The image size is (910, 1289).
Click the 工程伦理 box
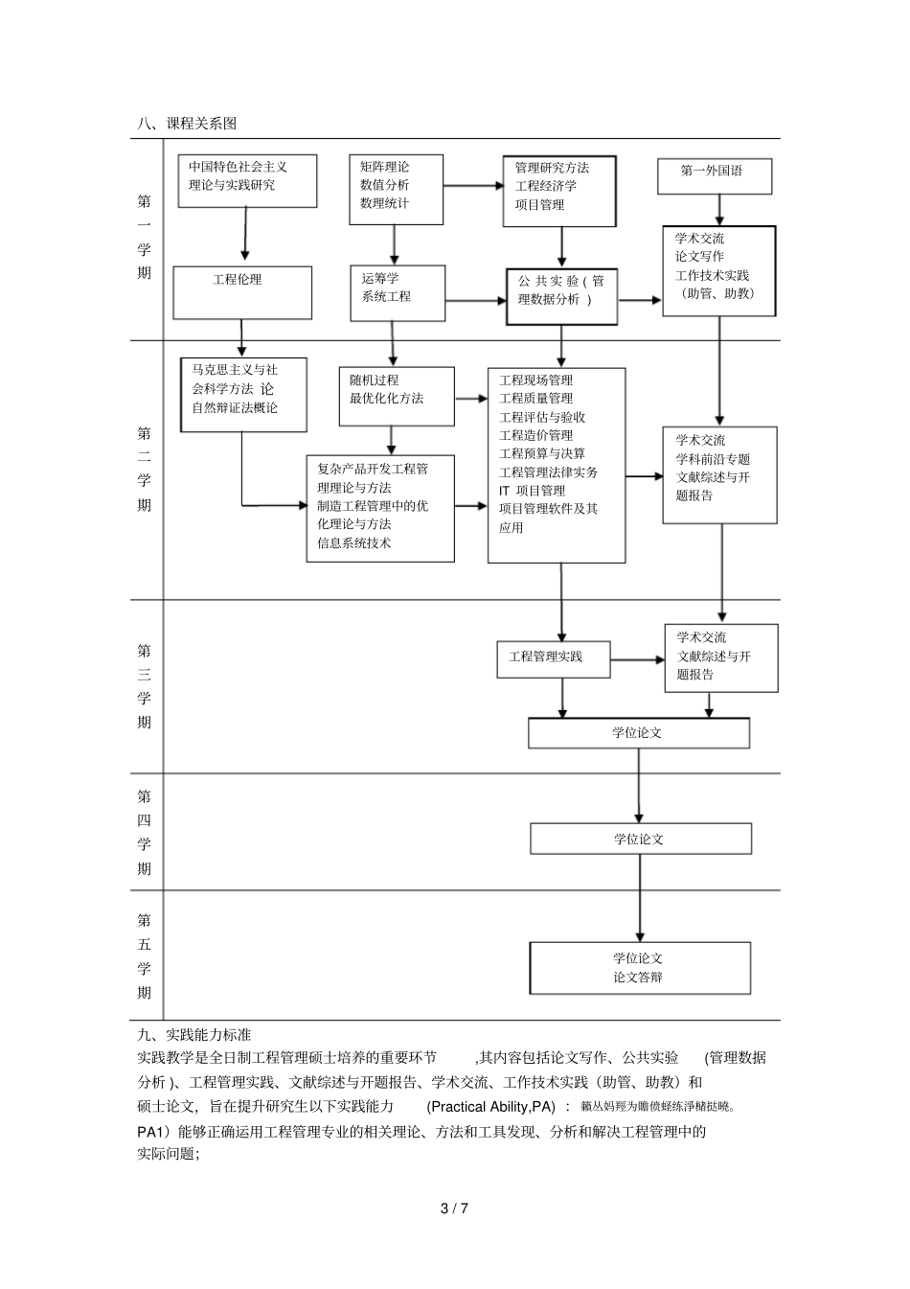tap(241, 291)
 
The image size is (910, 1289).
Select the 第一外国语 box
tap(715, 176)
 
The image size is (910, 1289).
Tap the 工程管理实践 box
tap(553, 658)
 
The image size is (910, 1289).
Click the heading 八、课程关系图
tap(187, 124)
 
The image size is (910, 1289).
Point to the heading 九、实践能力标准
tap(194, 1034)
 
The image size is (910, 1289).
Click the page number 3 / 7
tap(454, 1208)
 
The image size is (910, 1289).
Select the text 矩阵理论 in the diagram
tap(384, 167)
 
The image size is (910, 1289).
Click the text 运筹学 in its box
tap(380, 278)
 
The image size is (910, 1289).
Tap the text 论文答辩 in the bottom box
tap(638, 978)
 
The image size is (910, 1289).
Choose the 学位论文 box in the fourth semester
tap(640, 839)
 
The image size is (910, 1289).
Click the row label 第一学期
tap(145, 238)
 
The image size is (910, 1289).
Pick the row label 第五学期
tap(145, 955)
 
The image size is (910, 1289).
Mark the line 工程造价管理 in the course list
tap(535, 435)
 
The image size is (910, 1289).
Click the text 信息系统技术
tap(354, 542)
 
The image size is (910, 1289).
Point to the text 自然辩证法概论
tap(235, 408)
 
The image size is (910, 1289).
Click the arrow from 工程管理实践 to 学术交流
tap(637, 659)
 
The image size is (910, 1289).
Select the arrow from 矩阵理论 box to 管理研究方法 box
tap(472, 186)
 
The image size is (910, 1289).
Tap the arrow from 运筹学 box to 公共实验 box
tap(475, 301)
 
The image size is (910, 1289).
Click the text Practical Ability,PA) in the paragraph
tap(491, 1107)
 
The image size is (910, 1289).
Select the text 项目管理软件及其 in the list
tap(548, 509)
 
